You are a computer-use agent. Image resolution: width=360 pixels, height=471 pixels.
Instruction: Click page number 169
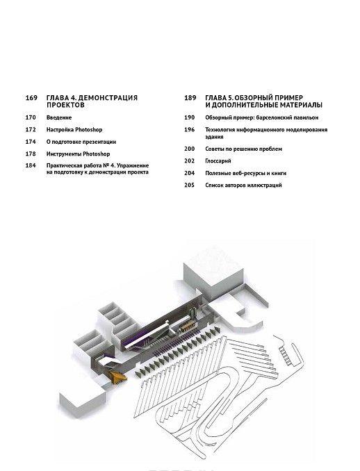[x=31, y=98]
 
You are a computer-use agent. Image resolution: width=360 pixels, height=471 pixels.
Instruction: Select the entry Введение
[x=59, y=118]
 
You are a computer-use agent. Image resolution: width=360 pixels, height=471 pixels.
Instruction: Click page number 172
[x=31, y=130]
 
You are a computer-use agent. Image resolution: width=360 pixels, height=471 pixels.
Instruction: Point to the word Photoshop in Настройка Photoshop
[x=89, y=130]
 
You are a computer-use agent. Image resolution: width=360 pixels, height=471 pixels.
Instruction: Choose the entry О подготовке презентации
[x=81, y=142]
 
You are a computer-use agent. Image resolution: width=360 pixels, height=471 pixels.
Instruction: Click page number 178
[x=31, y=154]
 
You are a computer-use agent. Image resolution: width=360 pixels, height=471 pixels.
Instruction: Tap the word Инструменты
[x=64, y=154]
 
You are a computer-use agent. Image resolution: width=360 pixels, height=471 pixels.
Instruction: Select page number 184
[x=31, y=165]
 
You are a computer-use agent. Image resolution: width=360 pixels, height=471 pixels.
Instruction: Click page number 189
[x=190, y=98]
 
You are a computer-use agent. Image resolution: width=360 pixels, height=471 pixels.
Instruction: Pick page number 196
[x=190, y=130]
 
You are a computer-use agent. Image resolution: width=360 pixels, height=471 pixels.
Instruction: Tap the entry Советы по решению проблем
[x=244, y=149]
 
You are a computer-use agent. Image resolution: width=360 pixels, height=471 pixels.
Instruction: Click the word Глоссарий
[x=218, y=161]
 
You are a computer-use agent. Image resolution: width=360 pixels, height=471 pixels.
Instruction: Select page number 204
[x=190, y=173]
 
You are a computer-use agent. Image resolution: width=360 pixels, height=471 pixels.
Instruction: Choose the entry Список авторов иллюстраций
[x=244, y=185]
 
